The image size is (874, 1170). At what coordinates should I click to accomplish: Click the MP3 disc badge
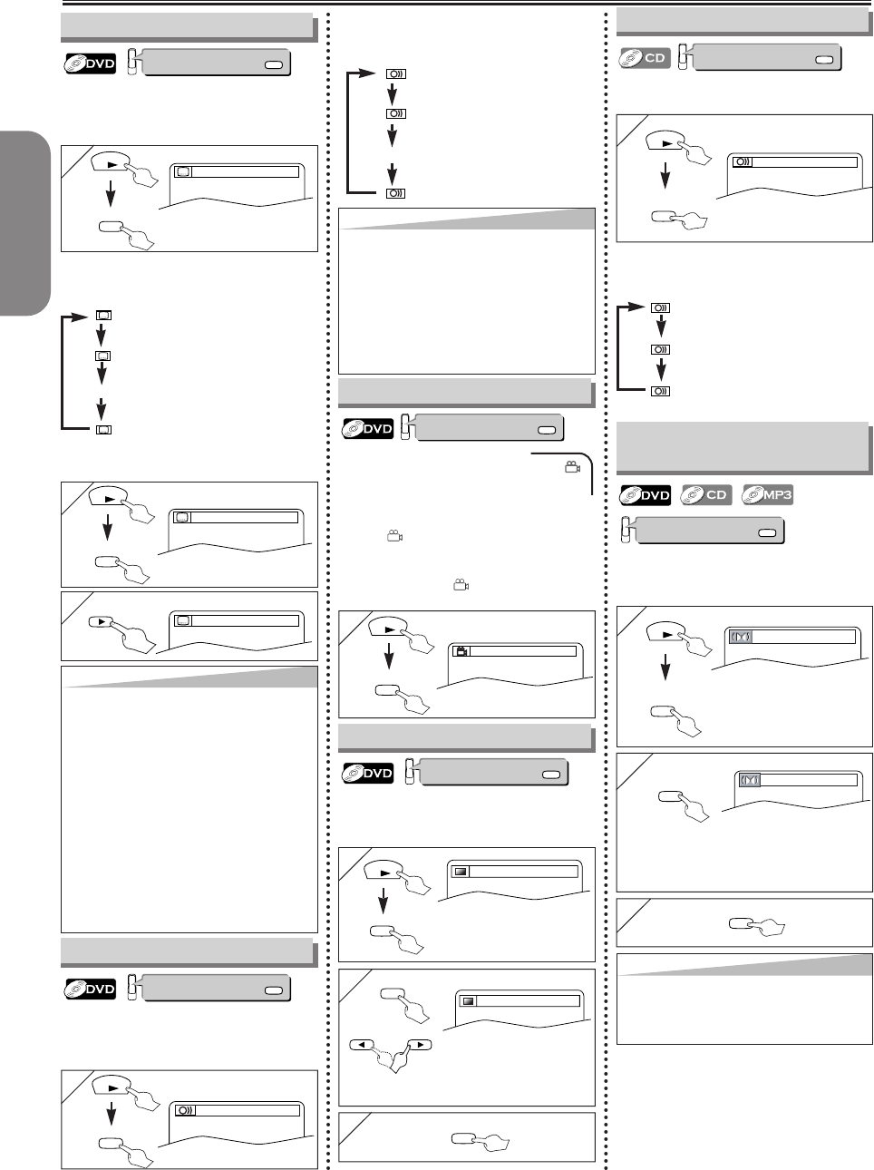[768, 495]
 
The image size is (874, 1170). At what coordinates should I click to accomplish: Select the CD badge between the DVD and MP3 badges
[706, 495]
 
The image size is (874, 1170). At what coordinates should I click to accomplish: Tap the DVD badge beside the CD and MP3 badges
[645, 495]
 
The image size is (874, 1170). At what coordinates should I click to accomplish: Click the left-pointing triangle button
[362, 1045]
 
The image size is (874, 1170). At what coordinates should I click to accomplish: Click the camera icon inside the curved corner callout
[572, 467]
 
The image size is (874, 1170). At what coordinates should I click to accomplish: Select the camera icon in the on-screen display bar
[461, 651]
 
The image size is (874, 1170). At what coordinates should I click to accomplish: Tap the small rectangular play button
[101, 621]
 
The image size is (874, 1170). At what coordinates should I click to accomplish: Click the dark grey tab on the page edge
[25, 223]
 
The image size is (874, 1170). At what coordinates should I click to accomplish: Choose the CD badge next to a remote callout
[645, 57]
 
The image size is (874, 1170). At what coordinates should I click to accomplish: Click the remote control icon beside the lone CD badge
[683, 57]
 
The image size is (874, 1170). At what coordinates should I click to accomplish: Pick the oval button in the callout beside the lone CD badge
[824, 60]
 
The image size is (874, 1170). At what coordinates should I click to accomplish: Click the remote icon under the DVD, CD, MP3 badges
[626, 530]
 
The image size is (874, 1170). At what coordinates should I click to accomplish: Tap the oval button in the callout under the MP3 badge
[767, 532]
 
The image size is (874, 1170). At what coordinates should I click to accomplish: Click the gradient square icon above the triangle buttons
[467, 1001]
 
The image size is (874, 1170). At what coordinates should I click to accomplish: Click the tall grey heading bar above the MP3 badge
[743, 448]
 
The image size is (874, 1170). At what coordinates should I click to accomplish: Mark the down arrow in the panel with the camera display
[389, 656]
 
